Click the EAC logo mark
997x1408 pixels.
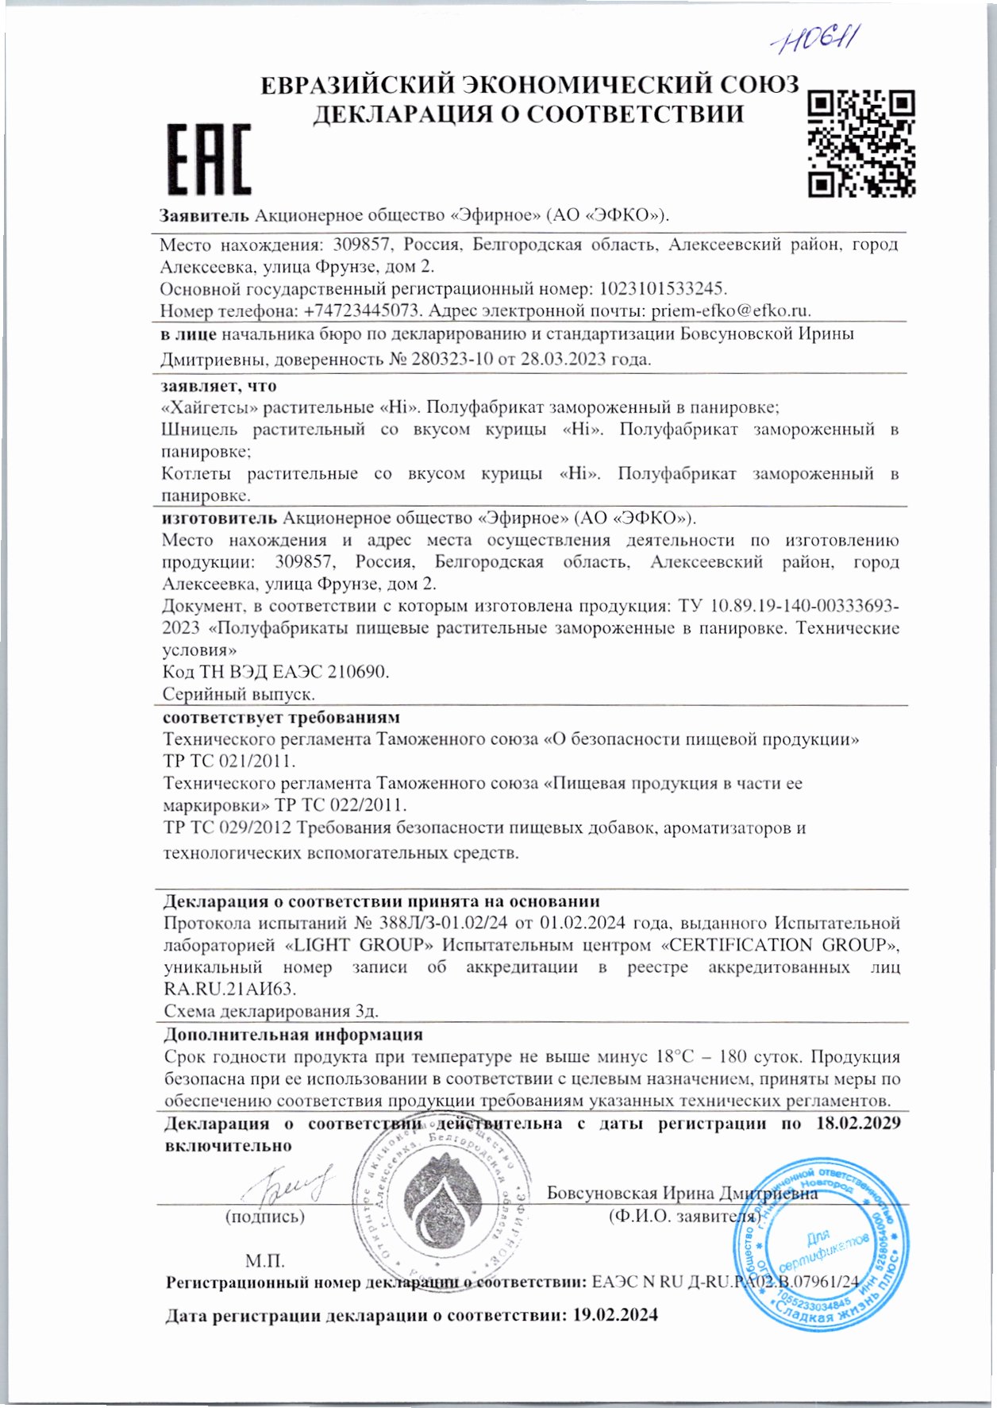[x=209, y=160]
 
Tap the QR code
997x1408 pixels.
[x=861, y=144]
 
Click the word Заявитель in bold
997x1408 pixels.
[x=204, y=216]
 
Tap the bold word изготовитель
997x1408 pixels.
[x=219, y=519]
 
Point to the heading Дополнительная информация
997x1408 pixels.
[x=293, y=1035]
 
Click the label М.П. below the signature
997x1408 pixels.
[x=264, y=1261]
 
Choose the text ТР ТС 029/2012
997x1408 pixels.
[x=226, y=828]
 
